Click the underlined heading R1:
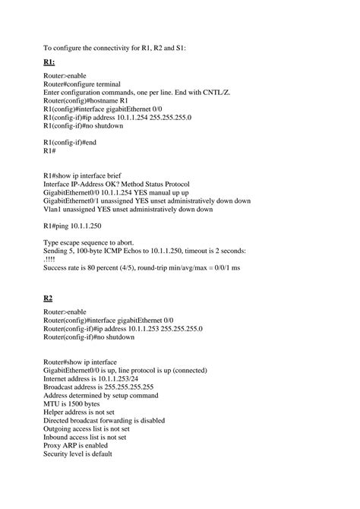pyautogui.click(x=49, y=62)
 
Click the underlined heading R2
pyautogui.click(x=48, y=298)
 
